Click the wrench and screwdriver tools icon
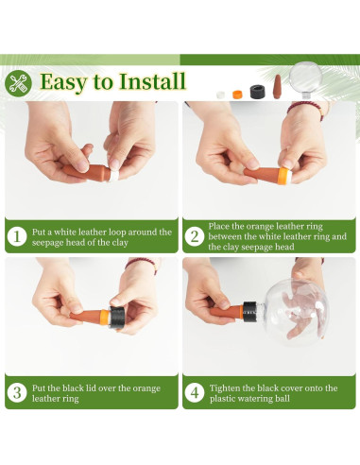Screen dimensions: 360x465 point(18,83)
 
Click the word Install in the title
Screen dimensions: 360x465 point(152,81)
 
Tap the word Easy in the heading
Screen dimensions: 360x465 point(63,83)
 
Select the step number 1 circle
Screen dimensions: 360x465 point(17,236)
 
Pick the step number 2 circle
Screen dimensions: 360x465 point(195,236)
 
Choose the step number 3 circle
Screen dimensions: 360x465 point(17,392)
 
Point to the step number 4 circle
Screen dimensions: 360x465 point(195,392)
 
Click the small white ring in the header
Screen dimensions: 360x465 point(221,95)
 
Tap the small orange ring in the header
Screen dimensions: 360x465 point(237,95)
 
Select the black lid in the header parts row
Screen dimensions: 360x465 point(258,92)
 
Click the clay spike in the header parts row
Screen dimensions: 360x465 point(277,87)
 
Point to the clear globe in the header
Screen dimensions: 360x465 point(305,78)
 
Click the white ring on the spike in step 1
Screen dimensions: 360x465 point(114,175)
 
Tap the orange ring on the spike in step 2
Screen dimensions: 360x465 point(284,176)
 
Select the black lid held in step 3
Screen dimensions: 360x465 point(117,318)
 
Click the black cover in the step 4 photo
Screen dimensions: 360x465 point(249,311)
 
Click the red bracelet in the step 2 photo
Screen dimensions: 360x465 point(305,109)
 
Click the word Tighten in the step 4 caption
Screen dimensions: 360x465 point(225,388)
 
